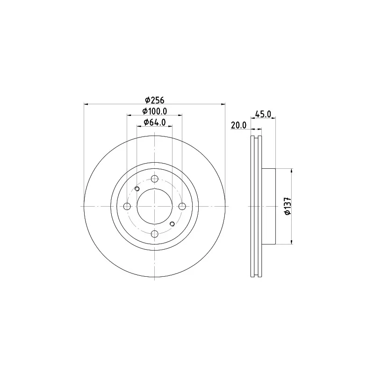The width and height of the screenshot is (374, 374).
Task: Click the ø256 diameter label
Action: click(x=155, y=100)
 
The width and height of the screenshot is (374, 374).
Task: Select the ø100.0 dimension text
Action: click(x=155, y=111)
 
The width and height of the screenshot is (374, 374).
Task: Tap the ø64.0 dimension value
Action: click(x=155, y=122)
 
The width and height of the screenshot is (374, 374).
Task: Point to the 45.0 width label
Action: click(x=263, y=114)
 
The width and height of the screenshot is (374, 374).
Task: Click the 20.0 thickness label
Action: click(x=238, y=125)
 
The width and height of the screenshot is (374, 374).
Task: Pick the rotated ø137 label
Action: click(x=288, y=206)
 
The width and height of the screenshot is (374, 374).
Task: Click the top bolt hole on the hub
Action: click(x=155, y=179)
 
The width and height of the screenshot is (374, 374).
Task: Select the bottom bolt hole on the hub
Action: click(x=155, y=234)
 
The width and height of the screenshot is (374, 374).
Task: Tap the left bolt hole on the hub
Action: click(x=127, y=206)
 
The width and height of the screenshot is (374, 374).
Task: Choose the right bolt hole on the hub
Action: click(x=182, y=206)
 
